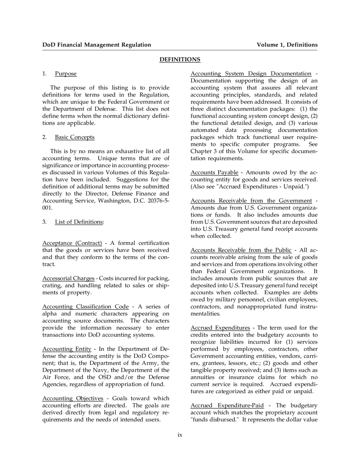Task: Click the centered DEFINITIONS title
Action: click(x=180, y=59)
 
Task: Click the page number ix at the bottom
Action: click(x=180, y=435)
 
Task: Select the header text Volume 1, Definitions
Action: click(x=287, y=45)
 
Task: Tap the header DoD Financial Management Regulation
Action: click(x=96, y=45)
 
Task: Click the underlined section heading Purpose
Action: click(x=66, y=74)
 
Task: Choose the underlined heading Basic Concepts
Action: click(x=75, y=137)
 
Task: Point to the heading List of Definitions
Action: click(x=79, y=222)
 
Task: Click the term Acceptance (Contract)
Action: click(x=72, y=243)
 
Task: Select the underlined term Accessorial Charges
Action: click(x=68, y=279)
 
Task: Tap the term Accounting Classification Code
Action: click(x=85, y=307)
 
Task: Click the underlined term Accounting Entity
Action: click(x=67, y=349)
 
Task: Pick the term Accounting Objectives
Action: click(x=73, y=398)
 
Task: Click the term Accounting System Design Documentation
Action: click(x=251, y=74)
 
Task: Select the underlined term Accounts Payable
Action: click(x=214, y=172)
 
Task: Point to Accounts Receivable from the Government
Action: click(x=251, y=201)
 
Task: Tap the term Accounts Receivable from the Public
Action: click(x=241, y=250)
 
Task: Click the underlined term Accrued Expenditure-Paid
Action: click(x=227, y=405)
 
